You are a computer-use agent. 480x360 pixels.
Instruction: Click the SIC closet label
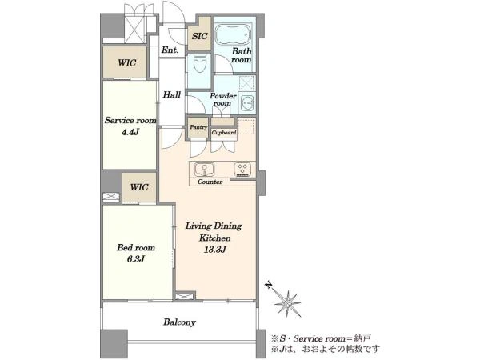pos(199,36)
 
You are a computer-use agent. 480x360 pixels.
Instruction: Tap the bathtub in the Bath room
pos(234,35)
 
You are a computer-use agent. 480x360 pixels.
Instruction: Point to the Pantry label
pos(198,127)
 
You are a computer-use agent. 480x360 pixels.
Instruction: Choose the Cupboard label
pos(224,133)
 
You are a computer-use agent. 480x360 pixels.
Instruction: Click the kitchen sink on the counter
pos(204,170)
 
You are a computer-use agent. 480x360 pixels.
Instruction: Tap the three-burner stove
pos(242,170)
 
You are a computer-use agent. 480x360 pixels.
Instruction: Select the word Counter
pos(210,182)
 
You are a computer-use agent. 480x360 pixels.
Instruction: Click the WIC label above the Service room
pos(127,62)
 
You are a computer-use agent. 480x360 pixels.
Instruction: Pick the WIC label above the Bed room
pos(139,187)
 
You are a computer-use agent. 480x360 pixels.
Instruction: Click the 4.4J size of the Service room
pos(130,132)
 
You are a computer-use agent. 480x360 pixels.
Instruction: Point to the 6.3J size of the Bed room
pos(136,259)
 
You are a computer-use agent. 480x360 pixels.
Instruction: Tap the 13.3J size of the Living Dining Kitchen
pos(214,250)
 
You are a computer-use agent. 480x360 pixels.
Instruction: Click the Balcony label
pos(179,322)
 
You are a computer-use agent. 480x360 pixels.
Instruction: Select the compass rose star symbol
pos(288,303)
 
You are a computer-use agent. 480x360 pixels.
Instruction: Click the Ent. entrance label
pos(170,50)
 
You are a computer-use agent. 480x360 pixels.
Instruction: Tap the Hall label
pos(172,95)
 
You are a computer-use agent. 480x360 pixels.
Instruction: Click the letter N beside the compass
pos(269,285)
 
